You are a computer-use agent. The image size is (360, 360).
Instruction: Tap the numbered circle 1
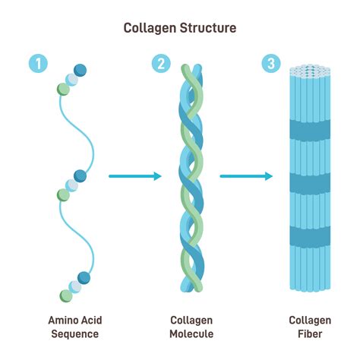[x=37, y=64]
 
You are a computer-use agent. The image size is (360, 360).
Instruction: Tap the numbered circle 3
[x=270, y=64]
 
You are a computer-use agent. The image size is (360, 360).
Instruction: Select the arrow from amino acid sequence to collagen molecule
[x=135, y=176]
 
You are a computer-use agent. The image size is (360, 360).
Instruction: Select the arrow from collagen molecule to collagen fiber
[x=246, y=176]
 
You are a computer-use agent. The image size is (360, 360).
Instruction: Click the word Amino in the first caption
[x=62, y=320]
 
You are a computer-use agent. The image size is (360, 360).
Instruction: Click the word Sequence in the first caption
[x=74, y=334]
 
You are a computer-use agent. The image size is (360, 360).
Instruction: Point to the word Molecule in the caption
[x=192, y=334]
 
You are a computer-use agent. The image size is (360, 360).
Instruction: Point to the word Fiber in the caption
[x=310, y=334]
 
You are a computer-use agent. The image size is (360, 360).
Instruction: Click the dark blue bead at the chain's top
[x=81, y=71]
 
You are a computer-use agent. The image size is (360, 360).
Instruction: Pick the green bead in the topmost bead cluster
[x=62, y=89]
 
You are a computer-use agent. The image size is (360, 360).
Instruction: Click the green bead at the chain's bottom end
[x=65, y=295]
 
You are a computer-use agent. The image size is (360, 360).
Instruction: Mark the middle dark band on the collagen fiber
[x=310, y=183]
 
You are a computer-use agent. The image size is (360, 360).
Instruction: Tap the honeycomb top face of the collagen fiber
[x=310, y=69]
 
